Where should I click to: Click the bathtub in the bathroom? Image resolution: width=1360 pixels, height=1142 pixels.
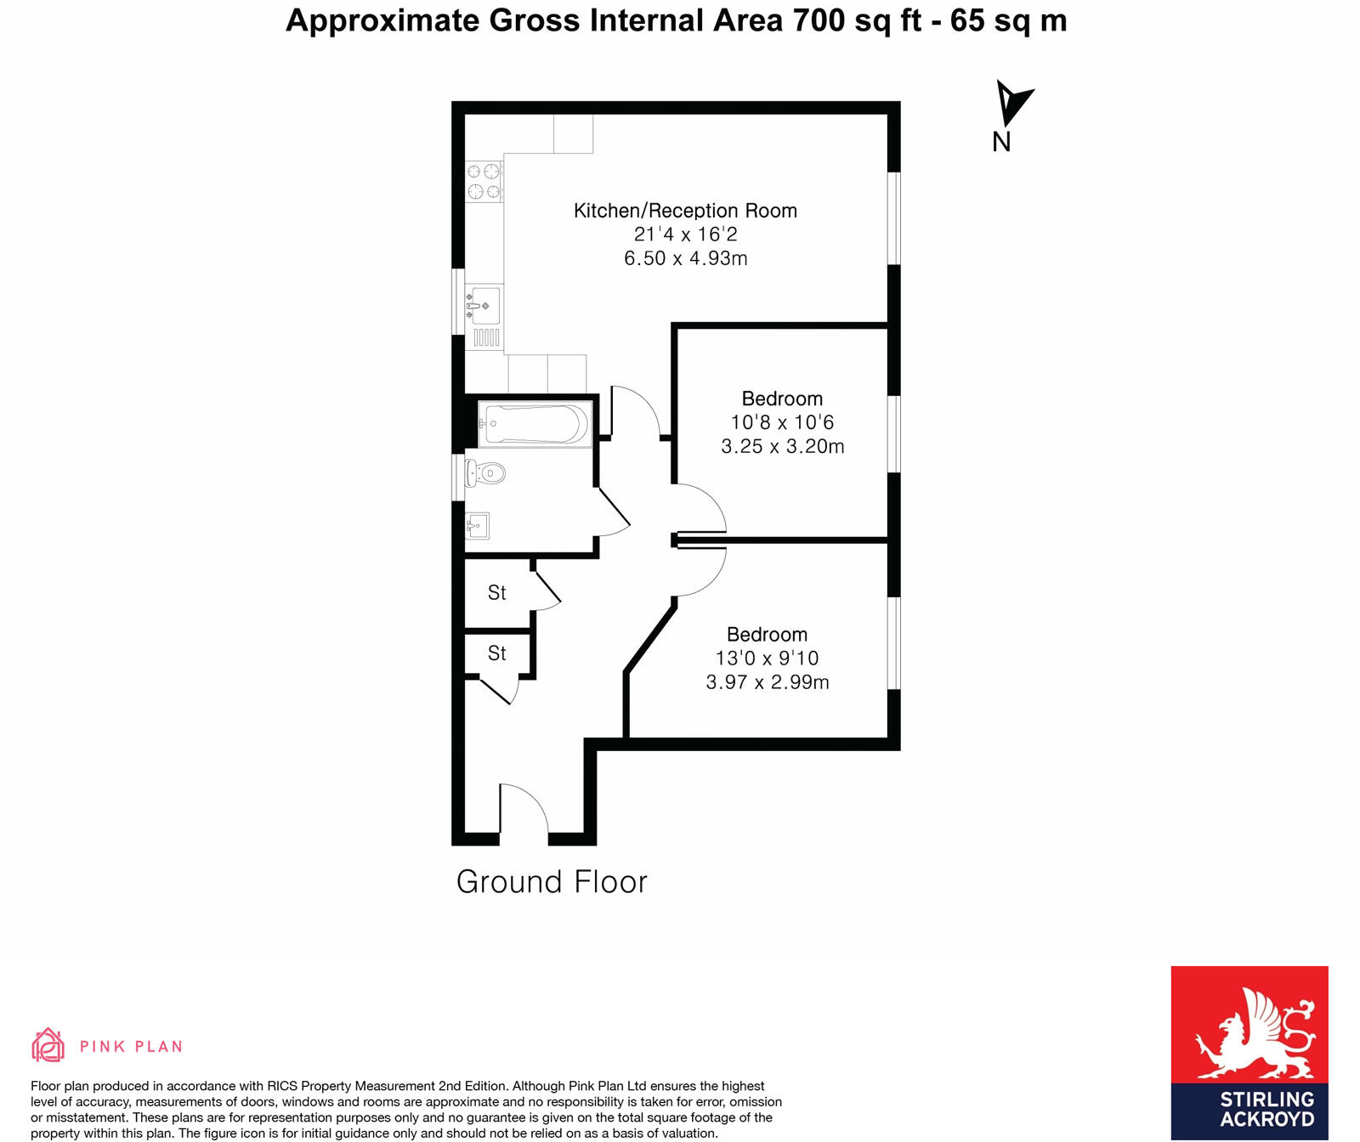[535, 423]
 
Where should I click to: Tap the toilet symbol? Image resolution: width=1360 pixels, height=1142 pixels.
[487, 473]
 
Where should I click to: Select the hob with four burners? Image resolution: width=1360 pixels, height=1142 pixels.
[484, 181]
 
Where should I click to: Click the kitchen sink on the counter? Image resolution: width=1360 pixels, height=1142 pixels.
[484, 305]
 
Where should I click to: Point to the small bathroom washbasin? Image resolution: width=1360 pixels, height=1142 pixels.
[477, 526]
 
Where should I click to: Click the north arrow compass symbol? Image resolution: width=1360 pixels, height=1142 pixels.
[1011, 106]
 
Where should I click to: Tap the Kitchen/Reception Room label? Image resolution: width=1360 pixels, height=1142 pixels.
[685, 211]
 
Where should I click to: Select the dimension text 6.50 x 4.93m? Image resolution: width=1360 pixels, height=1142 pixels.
[685, 258]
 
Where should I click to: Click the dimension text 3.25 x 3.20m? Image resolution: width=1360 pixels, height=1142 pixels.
[782, 446]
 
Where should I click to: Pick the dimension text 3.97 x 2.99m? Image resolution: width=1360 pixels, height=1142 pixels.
[767, 681]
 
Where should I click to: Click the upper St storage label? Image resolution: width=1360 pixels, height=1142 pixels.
[496, 592]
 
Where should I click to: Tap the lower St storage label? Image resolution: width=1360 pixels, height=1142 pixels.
[496, 653]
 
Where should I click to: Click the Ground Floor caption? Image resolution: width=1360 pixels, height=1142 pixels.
[552, 882]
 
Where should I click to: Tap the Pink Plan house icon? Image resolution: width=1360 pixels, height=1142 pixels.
[48, 1045]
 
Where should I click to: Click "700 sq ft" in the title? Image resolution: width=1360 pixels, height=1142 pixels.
[857, 20]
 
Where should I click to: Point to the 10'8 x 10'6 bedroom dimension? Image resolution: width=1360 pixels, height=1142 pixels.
[782, 422]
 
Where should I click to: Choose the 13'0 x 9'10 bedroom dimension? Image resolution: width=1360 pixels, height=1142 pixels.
[767, 658]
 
